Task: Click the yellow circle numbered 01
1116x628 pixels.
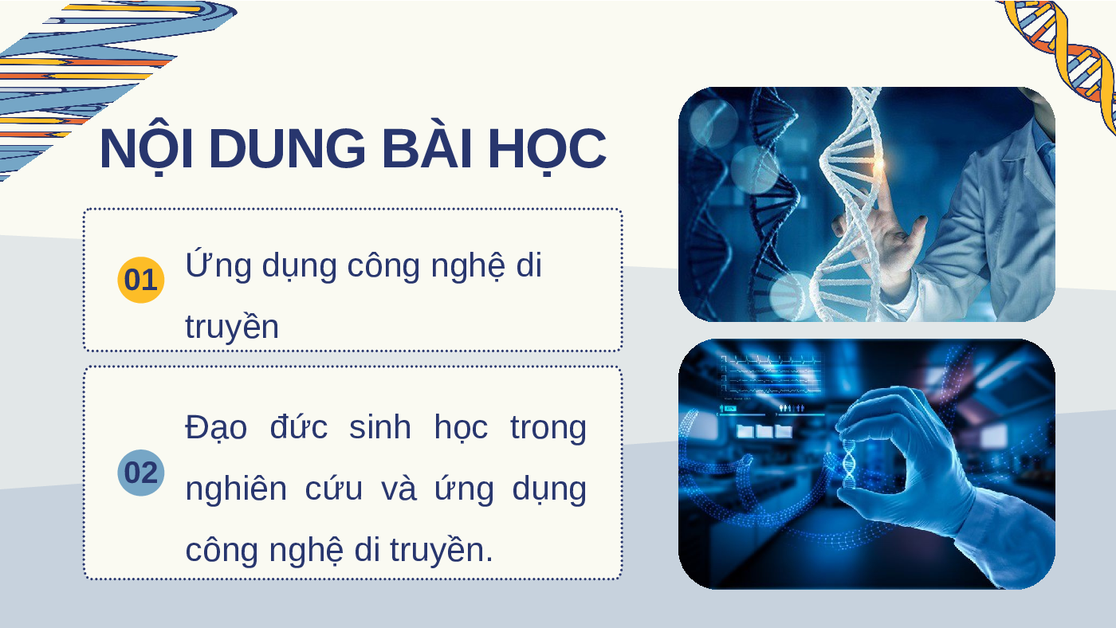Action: coord(140,280)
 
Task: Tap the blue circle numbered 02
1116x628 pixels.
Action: coord(140,473)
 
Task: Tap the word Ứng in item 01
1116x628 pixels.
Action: coord(218,264)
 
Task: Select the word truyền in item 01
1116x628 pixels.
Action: coord(232,326)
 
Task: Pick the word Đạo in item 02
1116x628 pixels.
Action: coord(216,428)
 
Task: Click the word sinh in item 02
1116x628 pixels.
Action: coord(379,427)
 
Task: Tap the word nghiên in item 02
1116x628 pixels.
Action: coord(236,488)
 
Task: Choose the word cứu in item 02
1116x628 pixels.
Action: coord(334,488)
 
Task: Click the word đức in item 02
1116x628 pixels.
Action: coord(298,426)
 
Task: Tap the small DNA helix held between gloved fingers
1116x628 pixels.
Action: coord(849,463)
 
